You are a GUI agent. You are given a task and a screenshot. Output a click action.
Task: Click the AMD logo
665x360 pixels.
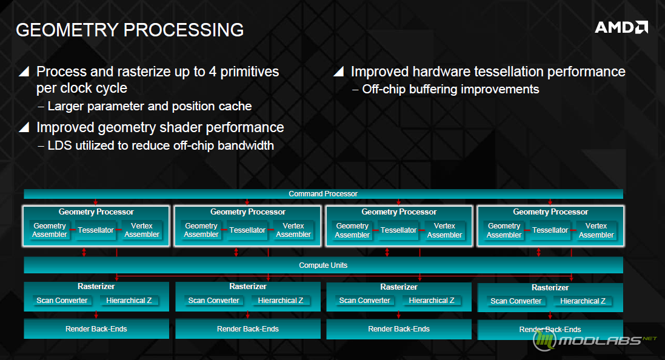click(x=621, y=27)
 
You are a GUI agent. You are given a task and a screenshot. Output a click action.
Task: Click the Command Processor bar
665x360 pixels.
click(x=323, y=194)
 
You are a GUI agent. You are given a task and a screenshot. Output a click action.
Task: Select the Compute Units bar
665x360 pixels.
click(x=323, y=265)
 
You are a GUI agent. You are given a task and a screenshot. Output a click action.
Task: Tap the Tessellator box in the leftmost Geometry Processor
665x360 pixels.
click(x=96, y=230)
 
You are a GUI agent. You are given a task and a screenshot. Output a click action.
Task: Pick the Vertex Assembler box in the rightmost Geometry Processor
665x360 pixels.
click(x=596, y=230)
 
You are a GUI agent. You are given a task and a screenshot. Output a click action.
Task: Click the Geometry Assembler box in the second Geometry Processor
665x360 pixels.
click(x=201, y=230)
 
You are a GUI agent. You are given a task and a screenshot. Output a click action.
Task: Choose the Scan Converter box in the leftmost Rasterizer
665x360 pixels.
click(x=62, y=301)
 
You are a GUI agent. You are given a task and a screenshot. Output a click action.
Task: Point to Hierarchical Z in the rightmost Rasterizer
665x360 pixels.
click(x=583, y=301)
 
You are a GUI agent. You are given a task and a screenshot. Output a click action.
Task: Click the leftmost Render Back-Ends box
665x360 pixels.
click(x=96, y=328)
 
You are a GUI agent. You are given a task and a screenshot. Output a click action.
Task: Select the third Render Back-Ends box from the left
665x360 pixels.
click(x=399, y=329)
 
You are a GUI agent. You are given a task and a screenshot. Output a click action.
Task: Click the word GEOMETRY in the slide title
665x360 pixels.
click(x=67, y=30)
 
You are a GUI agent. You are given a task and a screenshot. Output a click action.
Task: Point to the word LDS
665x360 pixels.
click(x=60, y=145)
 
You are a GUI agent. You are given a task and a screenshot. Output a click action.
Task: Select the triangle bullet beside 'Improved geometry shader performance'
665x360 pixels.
click(x=24, y=127)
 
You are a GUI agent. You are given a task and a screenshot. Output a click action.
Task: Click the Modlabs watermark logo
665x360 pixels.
click(x=593, y=340)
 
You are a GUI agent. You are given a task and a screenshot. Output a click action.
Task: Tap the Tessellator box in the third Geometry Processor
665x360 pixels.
click(x=398, y=230)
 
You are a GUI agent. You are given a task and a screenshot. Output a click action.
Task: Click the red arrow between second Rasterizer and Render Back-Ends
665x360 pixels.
click(x=248, y=315)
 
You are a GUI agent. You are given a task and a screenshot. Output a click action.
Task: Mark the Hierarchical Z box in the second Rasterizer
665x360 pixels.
click(x=280, y=301)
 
